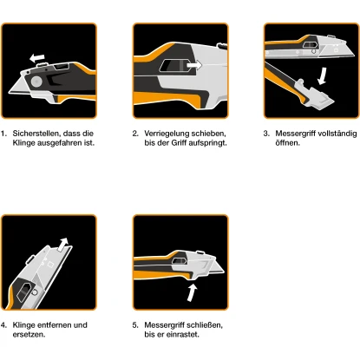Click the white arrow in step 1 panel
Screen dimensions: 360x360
[36, 58]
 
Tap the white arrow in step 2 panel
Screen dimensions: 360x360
[194, 65]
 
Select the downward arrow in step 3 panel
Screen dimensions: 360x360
[322, 76]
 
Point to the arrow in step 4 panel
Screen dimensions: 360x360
[63, 245]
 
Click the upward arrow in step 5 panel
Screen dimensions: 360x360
[192, 293]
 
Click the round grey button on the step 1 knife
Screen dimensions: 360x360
[36, 82]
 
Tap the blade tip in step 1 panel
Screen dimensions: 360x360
[10, 93]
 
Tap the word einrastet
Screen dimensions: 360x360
[183, 335]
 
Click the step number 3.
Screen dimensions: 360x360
[266, 134]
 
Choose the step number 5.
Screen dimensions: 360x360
[135, 325]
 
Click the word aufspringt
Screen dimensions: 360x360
[209, 143]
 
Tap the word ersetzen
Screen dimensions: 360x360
[29, 335]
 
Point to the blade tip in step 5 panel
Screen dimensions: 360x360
[224, 271]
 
